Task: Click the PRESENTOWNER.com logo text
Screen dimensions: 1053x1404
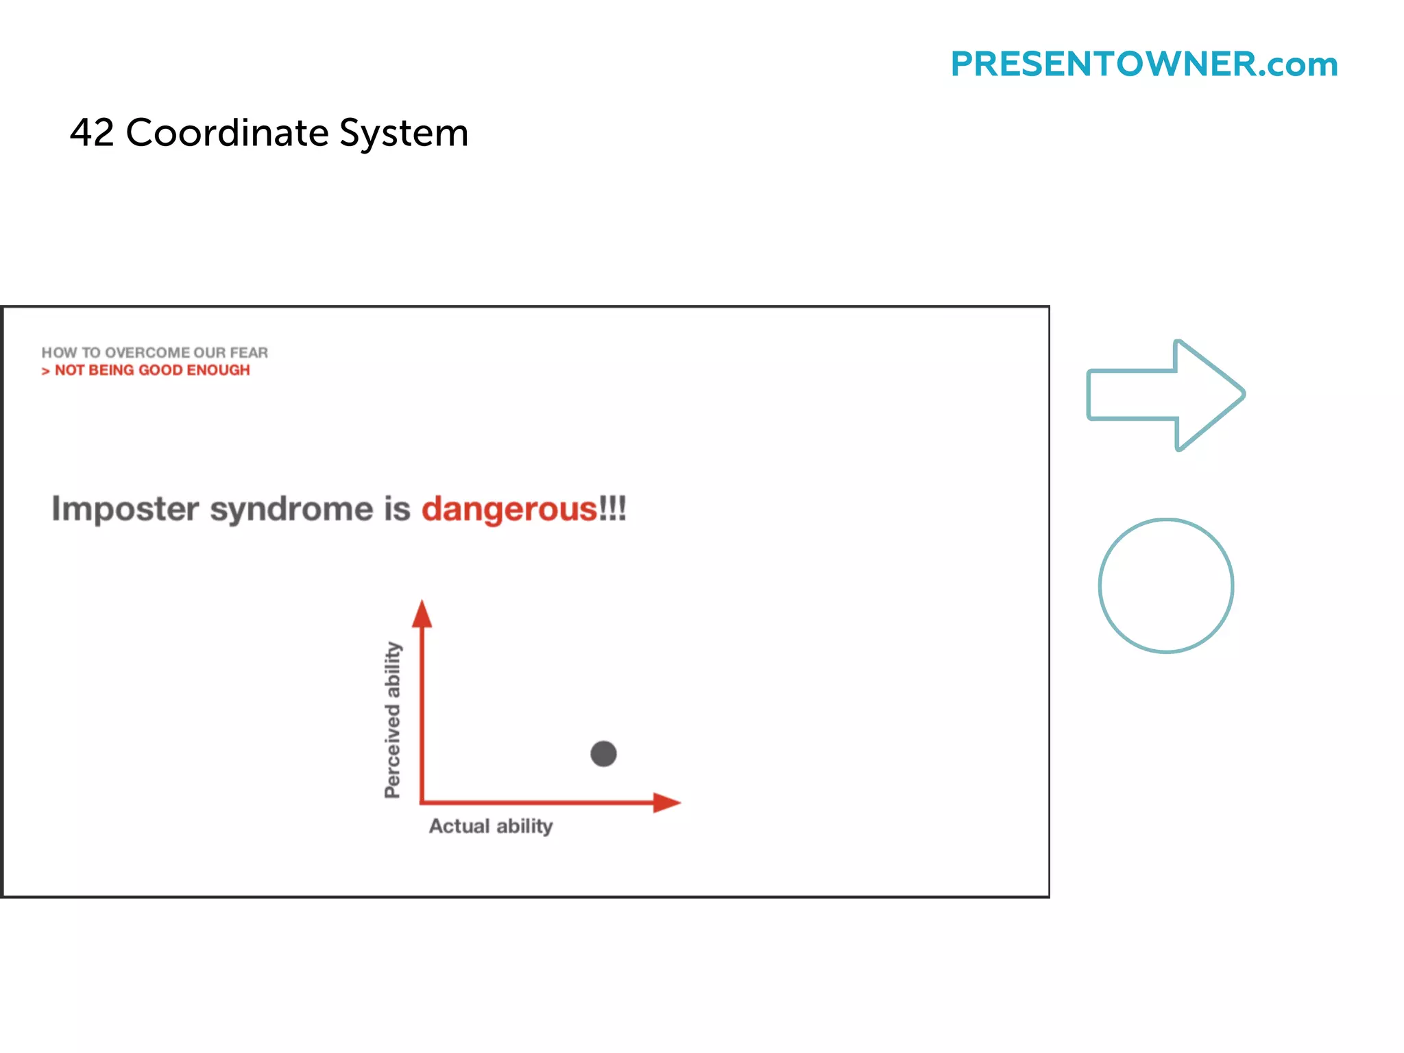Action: coord(1143,64)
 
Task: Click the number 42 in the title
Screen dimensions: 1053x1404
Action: coord(92,132)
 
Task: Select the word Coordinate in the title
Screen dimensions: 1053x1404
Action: coord(227,132)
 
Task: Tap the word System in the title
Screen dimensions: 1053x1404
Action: coord(404,134)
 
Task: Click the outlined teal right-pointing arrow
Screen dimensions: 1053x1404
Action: coord(1165,395)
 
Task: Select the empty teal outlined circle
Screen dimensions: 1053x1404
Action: coord(1165,585)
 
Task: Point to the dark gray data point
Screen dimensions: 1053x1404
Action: coord(603,754)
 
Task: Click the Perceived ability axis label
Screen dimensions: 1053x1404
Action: coord(392,720)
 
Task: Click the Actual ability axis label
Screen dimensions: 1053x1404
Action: coord(491,826)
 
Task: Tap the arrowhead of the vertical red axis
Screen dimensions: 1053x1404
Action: coord(422,614)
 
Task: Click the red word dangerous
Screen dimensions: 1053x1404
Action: coord(509,509)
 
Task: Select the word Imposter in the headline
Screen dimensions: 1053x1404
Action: coord(125,509)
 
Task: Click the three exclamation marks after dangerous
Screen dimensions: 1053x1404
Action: coord(613,509)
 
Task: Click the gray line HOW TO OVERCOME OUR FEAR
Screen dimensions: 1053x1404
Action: coord(154,352)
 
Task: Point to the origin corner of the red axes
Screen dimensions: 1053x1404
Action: coord(422,801)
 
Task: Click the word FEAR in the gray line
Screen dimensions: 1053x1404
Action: coord(249,352)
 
